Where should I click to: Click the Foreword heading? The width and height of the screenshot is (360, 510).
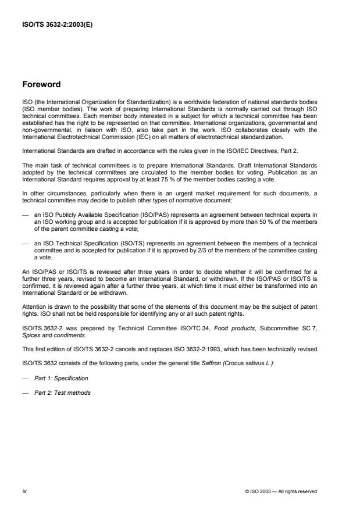[x=41, y=84]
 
